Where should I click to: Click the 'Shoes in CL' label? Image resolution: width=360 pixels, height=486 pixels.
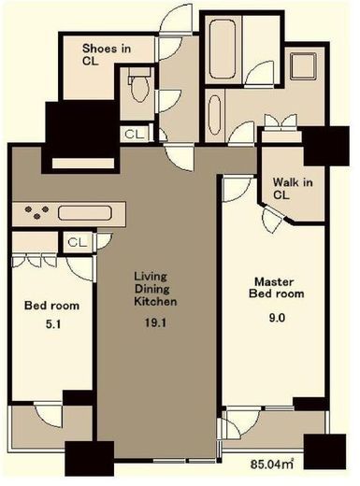point(107,54)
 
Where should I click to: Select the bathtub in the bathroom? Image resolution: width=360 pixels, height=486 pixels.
point(223,49)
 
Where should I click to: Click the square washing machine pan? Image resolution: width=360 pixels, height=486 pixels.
point(303,66)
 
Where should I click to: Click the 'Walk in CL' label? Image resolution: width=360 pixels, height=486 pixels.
point(293,188)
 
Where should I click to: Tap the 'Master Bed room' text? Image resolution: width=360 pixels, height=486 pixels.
point(276,288)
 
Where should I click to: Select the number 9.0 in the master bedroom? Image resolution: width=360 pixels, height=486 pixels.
point(277,318)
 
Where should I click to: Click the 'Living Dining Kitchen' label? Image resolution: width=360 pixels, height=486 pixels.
point(155,289)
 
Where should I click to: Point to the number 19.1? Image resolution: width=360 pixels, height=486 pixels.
point(155,322)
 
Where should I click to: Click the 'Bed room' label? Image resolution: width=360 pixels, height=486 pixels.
point(51,306)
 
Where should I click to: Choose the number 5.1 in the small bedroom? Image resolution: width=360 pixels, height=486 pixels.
point(53,324)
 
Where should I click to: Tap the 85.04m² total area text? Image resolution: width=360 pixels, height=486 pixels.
point(272,465)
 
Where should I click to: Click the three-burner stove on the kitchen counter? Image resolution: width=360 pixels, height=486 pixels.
point(37,212)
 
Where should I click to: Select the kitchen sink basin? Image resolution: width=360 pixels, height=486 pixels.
point(85,213)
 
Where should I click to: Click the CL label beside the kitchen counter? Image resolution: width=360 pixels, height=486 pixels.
point(78,242)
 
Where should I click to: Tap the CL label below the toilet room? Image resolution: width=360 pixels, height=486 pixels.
point(135,135)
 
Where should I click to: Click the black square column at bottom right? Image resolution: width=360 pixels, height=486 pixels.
point(324,451)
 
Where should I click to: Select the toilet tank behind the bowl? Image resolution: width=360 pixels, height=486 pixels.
point(139,72)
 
